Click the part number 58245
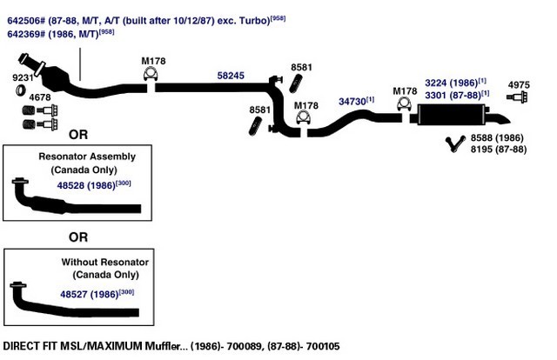coord(231,76)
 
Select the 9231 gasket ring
coord(21,90)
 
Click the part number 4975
coord(519,85)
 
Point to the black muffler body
coord(452,114)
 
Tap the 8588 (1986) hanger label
coord(497,137)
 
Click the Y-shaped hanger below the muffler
coord(454,143)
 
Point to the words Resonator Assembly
coord(87,157)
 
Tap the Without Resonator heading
coord(104,262)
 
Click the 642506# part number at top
coord(26,21)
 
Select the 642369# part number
coord(26,34)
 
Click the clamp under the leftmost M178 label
coord(151,74)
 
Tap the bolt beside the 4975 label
coord(517,97)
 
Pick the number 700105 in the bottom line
coord(323,346)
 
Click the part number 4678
coord(40,97)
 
